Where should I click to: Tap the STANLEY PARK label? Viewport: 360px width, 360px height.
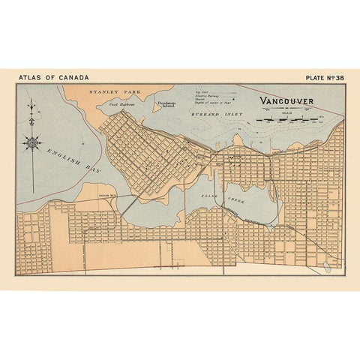[x=109, y=91]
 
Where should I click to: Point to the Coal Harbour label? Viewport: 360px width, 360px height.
[x=122, y=105]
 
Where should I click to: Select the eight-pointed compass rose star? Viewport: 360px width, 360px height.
[x=32, y=141]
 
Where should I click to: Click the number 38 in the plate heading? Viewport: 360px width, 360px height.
[x=338, y=76]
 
